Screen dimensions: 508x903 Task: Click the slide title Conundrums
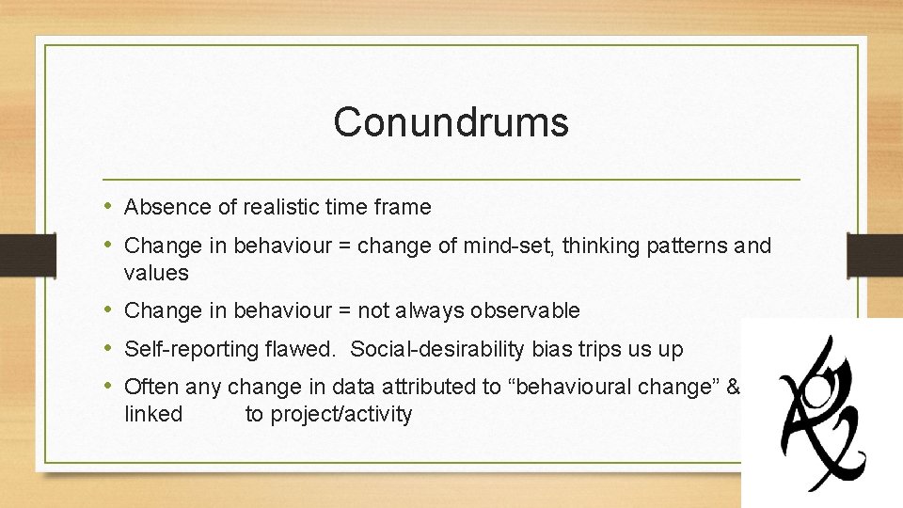[x=451, y=122]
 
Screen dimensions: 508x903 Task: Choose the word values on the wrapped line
[x=156, y=274]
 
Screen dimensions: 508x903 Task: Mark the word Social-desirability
[x=431, y=349]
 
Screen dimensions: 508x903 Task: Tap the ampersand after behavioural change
[x=734, y=386]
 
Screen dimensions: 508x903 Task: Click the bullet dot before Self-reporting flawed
[x=110, y=349]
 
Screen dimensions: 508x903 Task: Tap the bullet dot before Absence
[x=110, y=207]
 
